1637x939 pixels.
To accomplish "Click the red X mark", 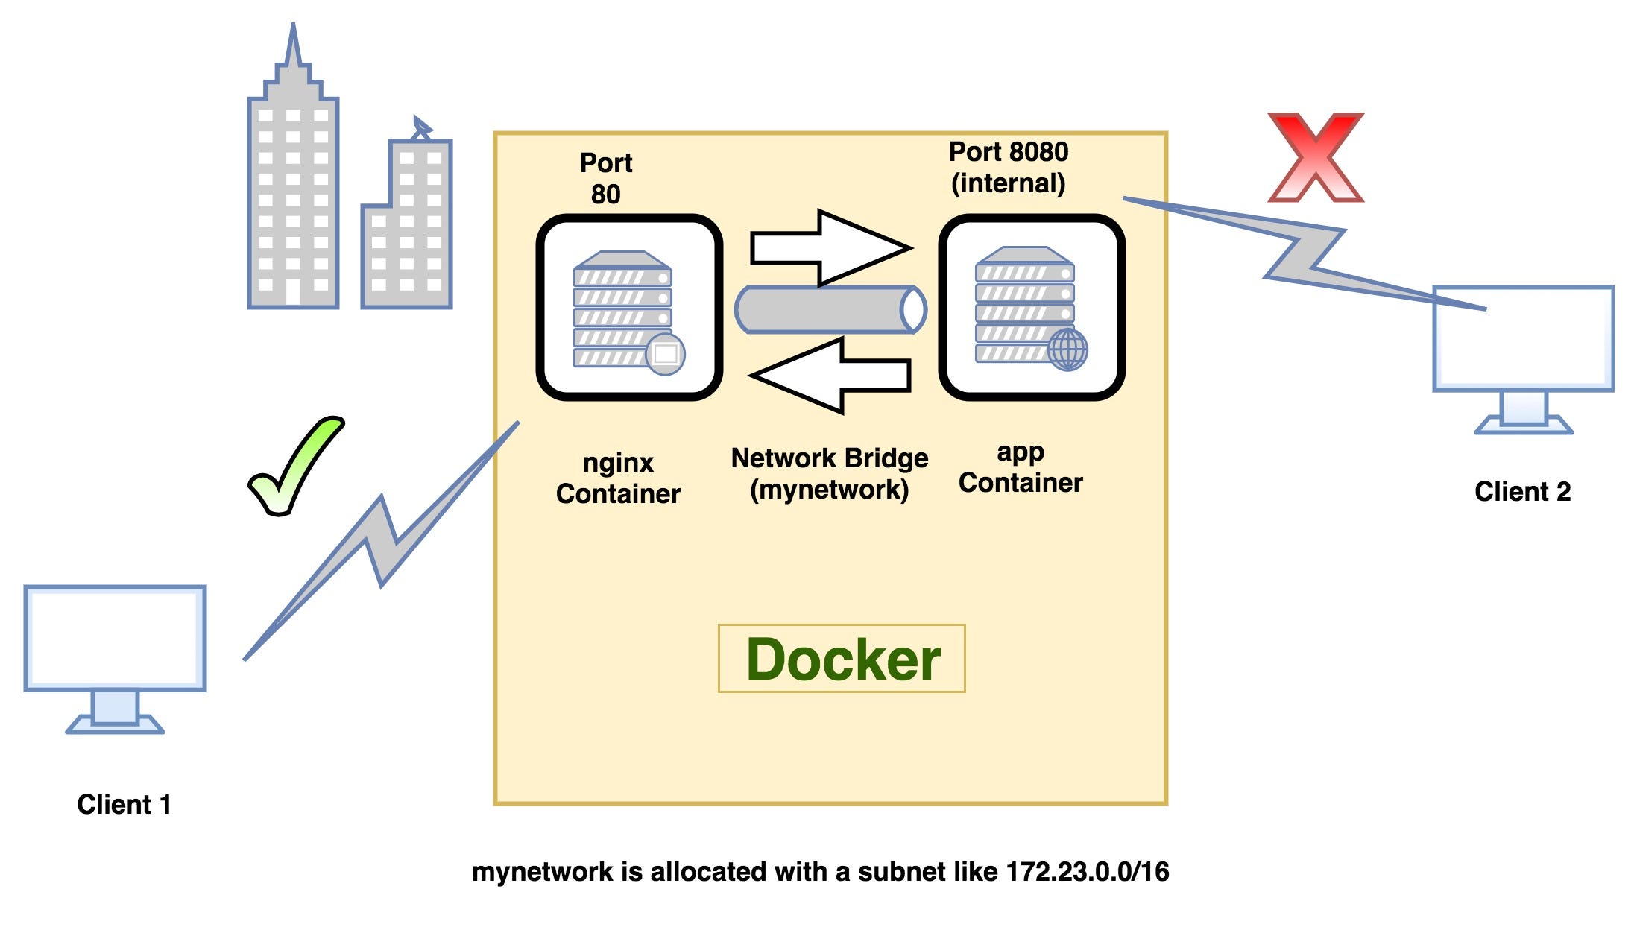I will [1316, 157].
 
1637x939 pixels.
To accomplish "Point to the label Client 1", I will [124, 805].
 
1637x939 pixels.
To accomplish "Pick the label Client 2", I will [1522, 492].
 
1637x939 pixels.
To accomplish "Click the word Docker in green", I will [842, 660].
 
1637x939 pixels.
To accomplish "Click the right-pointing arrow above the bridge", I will [830, 247].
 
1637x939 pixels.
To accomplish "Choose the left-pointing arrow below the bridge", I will [830, 375].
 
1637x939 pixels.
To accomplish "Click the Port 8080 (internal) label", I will [1008, 168].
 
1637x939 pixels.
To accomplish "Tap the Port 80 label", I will [606, 179].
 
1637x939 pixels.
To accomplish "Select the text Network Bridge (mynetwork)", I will [829, 474].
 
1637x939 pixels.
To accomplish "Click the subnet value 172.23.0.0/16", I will [1087, 872].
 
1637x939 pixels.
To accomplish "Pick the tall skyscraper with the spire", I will [293, 201].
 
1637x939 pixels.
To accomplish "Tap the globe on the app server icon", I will [1067, 350].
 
